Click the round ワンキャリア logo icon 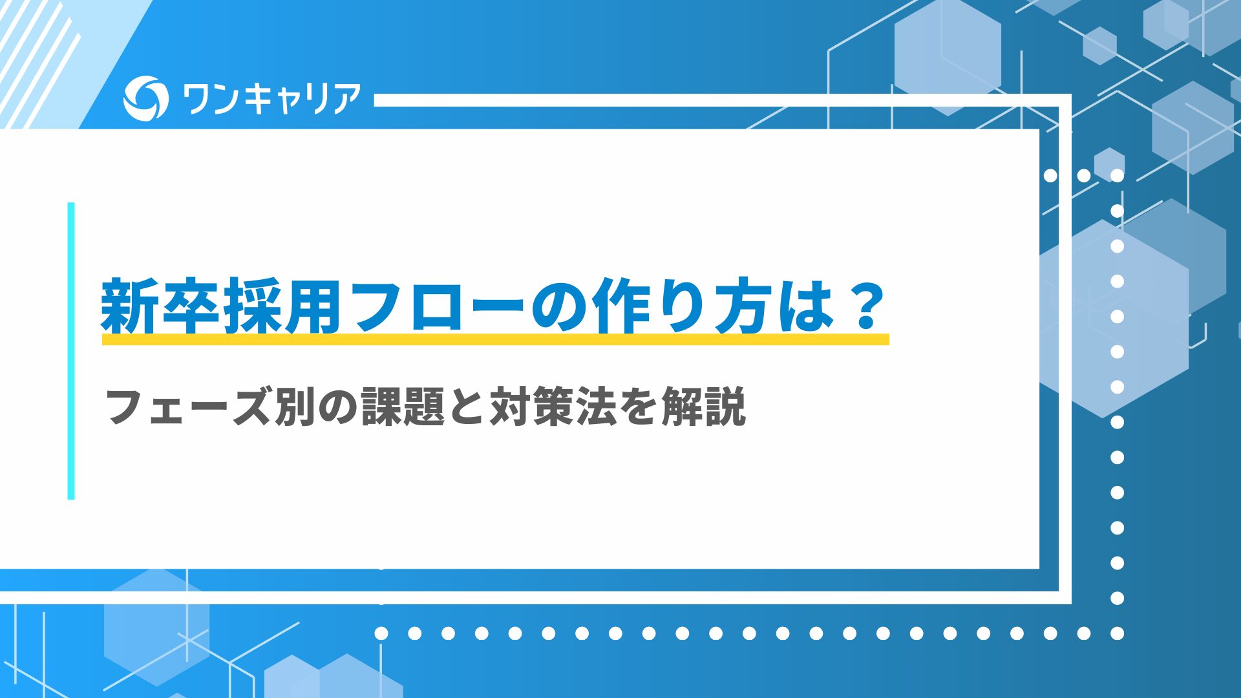pyautogui.click(x=145, y=98)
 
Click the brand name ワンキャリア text pyautogui.click(x=271, y=100)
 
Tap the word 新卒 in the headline pyautogui.click(x=162, y=306)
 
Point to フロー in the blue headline pyautogui.click(x=440, y=306)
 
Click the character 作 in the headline pyautogui.click(x=624, y=306)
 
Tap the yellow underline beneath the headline pyautogui.click(x=495, y=339)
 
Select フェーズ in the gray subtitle pyautogui.click(x=187, y=407)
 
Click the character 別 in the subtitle pyautogui.click(x=295, y=407)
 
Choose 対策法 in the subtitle pyautogui.click(x=553, y=407)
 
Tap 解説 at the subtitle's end pyautogui.click(x=704, y=407)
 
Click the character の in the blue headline pyautogui.click(x=560, y=306)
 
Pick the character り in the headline pyautogui.click(x=685, y=306)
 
